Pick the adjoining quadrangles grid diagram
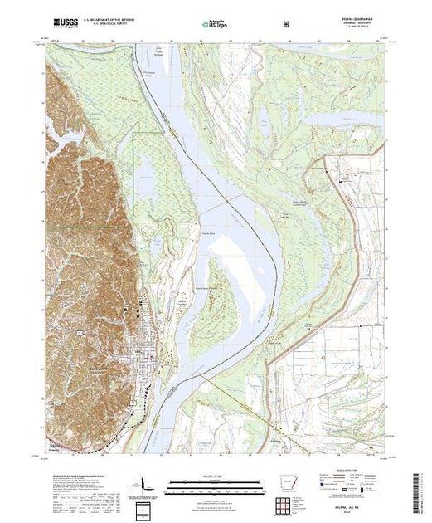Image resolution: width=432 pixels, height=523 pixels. click(x=288, y=503)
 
